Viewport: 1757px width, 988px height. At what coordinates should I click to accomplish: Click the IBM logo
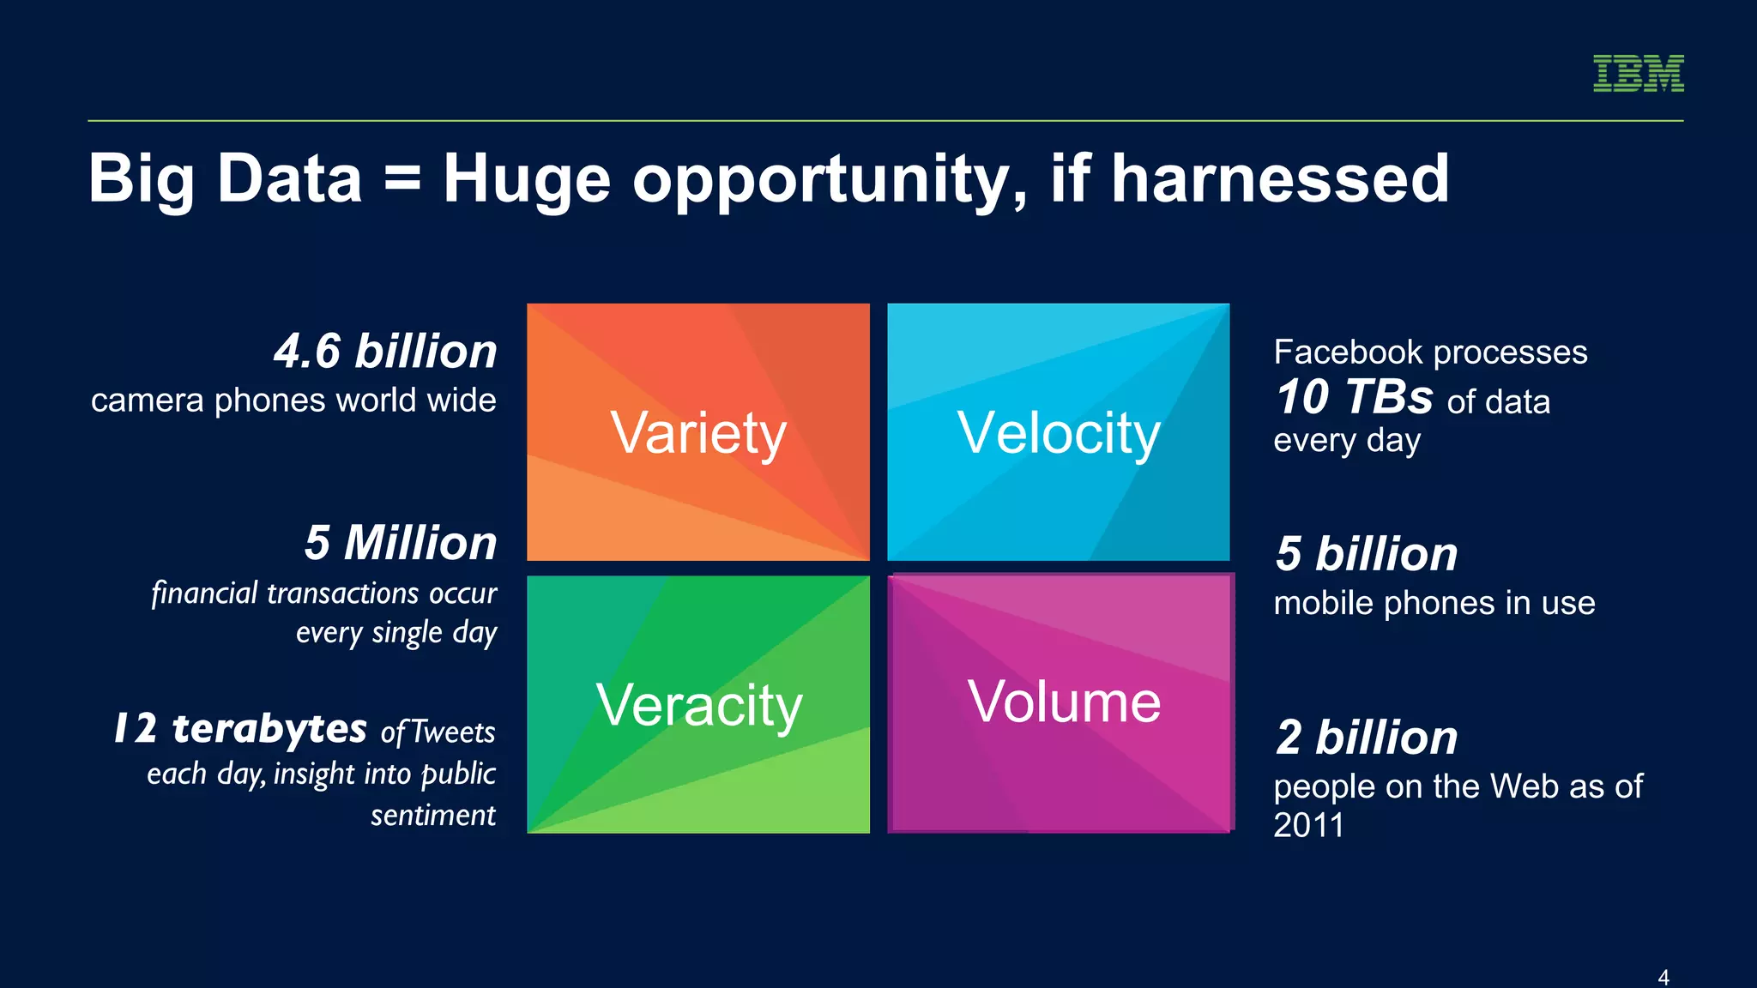(x=1638, y=73)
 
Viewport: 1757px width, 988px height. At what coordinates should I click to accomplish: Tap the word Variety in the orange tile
(x=698, y=433)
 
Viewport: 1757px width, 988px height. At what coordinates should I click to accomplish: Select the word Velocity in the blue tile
(x=1059, y=433)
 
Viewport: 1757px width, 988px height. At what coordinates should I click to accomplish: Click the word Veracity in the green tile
(x=699, y=705)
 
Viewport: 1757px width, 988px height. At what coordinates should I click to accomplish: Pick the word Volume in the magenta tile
(x=1064, y=702)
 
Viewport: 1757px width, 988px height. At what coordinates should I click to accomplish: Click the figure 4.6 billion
(x=385, y=352)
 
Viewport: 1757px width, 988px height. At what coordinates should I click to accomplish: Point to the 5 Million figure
(x=401, y=543)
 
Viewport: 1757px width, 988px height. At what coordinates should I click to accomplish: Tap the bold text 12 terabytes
(x=241, y=729)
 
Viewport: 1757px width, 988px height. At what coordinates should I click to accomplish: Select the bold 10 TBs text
(x=1354, y=397)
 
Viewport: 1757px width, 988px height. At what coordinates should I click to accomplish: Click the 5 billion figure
(x=1367, y=554)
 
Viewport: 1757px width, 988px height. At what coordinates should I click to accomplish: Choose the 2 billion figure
(x=1367, y=738)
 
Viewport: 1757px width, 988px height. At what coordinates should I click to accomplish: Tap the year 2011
(x=1308, y=825)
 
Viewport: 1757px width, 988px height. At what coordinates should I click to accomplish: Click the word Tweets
(x=453, y=732)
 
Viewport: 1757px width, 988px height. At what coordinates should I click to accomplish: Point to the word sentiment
(x=433, y=815)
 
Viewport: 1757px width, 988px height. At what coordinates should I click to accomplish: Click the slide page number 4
(x=1663, y=977)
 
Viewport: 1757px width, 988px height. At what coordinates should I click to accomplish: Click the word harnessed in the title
(x=1279, y=178)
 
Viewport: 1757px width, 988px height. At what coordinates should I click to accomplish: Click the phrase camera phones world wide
(x=293, y=401)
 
